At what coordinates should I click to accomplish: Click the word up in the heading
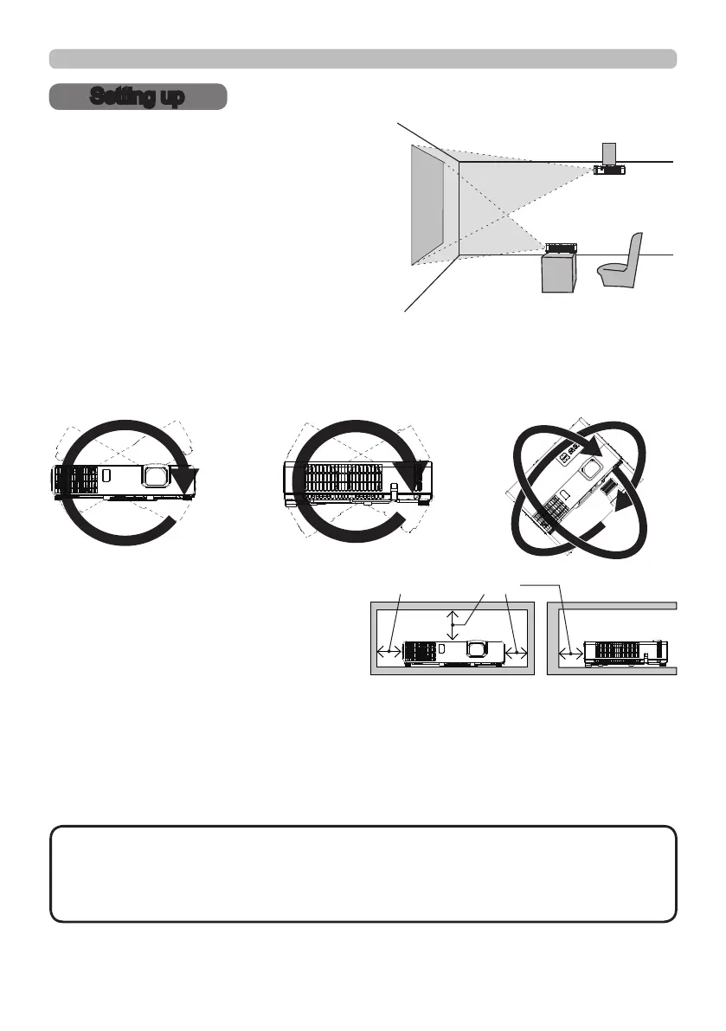point(171,97)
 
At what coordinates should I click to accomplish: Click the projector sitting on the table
point(560,248)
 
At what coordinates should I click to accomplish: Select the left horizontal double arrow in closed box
point(388,652)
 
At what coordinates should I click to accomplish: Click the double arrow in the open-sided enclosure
point(570,652)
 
